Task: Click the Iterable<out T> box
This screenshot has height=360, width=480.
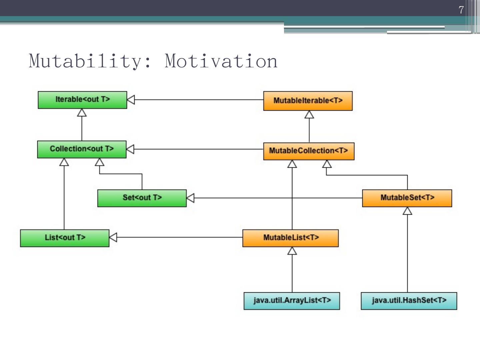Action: [82, 100]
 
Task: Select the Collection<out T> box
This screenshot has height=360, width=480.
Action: [82, 149]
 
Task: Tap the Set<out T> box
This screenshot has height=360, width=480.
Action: [142, 198]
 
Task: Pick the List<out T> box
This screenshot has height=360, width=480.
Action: [65, 238]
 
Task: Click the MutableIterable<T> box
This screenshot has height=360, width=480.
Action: [308, 101]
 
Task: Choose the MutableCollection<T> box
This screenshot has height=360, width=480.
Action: [309, 151]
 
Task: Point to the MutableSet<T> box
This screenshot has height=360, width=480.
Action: [407, 198]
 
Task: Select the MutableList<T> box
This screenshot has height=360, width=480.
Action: [290, 238]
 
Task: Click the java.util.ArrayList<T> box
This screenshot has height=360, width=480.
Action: [292, 301]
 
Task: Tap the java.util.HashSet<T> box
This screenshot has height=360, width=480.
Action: [409, 301]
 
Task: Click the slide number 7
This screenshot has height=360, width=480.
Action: [461, 10]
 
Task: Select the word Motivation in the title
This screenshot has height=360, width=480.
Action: [221, 61]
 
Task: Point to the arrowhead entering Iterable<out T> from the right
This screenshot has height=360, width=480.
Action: [131, 100]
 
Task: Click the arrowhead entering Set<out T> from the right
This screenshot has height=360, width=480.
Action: [190, 198]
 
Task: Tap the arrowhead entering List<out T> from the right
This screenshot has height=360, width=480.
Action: [113, 237]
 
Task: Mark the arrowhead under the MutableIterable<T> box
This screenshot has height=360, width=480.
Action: [309, 114]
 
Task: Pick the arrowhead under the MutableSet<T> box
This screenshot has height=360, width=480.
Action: [407, 211]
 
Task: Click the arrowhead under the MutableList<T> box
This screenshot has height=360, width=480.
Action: [292, 251]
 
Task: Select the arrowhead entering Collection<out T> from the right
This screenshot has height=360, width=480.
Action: [130, 149]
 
